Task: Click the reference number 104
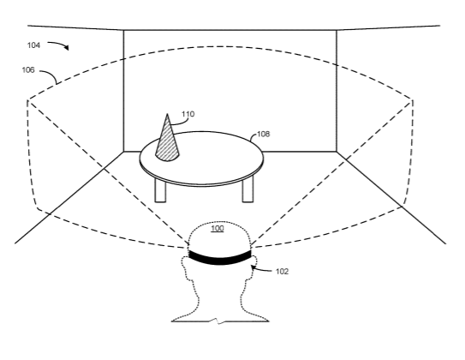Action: (x=33, y=45)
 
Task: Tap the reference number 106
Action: (x=28, y=70)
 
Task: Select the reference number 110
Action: (x=188, y=114)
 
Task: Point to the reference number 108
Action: (x=264, y=135)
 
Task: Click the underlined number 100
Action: (x=218, y=229)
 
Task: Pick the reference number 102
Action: (x=282, y=272)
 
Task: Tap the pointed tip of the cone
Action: (x=167, y=114)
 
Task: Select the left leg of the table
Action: (x=160, y=191)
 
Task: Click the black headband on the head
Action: (x=220, y=258)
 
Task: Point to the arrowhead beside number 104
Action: (x=67, y=47)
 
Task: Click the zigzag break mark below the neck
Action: (x=219, y=321)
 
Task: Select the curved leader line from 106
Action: (x=51, y=75)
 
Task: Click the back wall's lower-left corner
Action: (x=123, y=152)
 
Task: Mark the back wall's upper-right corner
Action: (x=337, y=30)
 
